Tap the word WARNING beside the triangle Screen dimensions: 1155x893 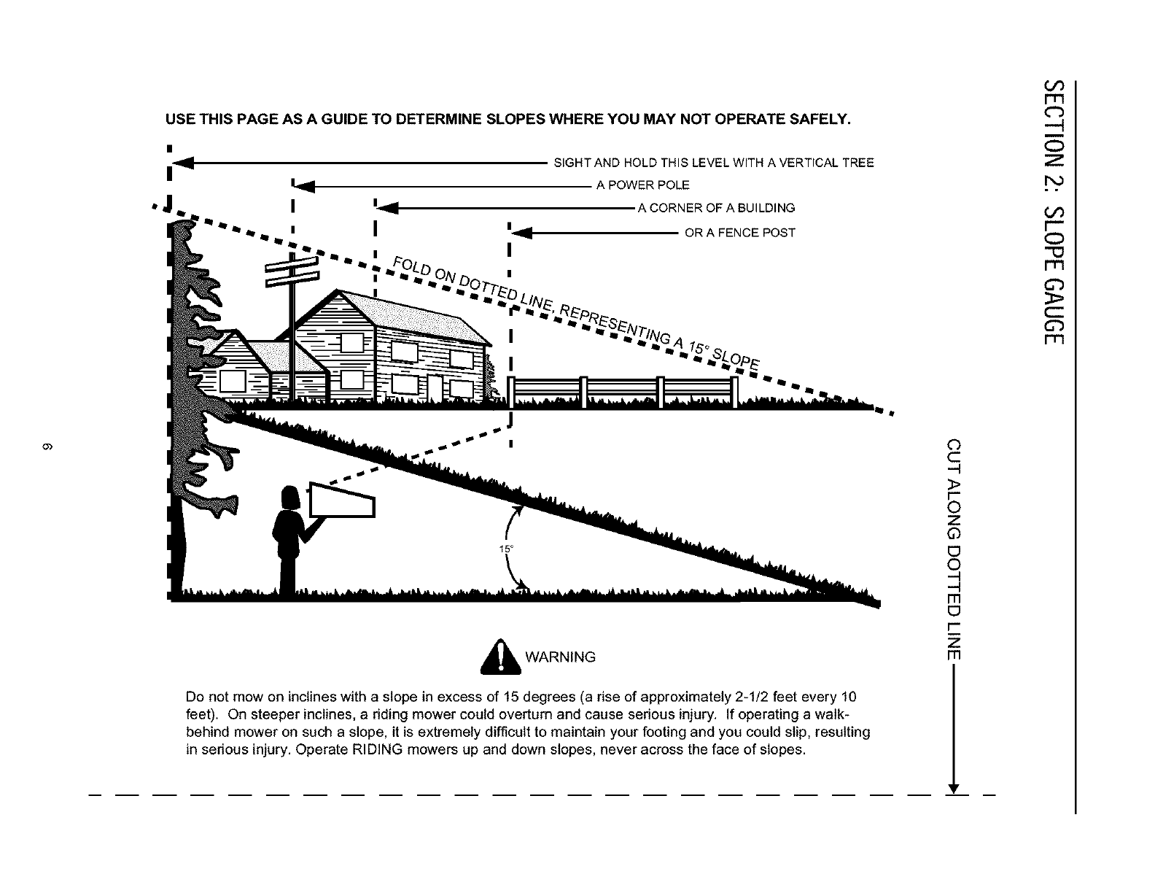pos(560,657)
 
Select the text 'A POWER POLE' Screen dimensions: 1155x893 pos(642,185)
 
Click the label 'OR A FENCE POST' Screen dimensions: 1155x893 pos(739,233)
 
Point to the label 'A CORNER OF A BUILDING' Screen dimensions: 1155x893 pos(716,208)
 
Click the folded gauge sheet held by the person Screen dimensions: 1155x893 pos(341,500)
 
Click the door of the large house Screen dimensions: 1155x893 pos(435,387)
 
